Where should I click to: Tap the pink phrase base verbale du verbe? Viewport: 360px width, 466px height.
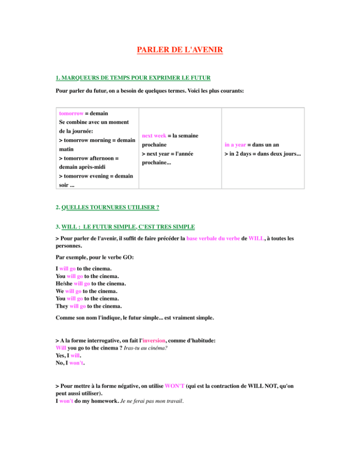[213, 238]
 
